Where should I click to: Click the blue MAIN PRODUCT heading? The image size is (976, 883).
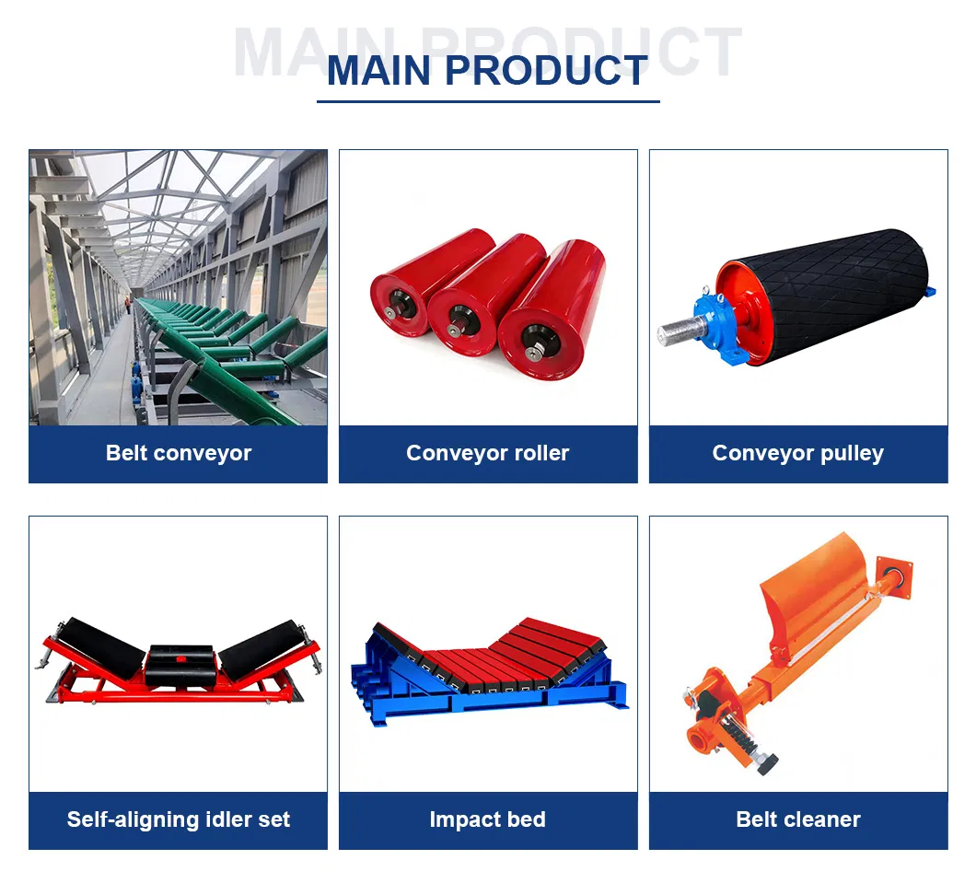point(487,71)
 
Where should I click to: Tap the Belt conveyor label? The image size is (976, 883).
point(178,453)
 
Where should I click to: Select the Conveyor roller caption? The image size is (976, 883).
point(487,453)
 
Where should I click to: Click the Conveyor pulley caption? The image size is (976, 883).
point(797,453)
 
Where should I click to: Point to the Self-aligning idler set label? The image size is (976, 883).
point(178,819)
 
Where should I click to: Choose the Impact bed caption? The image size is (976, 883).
point(487,819)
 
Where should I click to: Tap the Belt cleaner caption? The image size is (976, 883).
point(797,819)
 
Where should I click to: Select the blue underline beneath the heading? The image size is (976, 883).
point(487,100)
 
